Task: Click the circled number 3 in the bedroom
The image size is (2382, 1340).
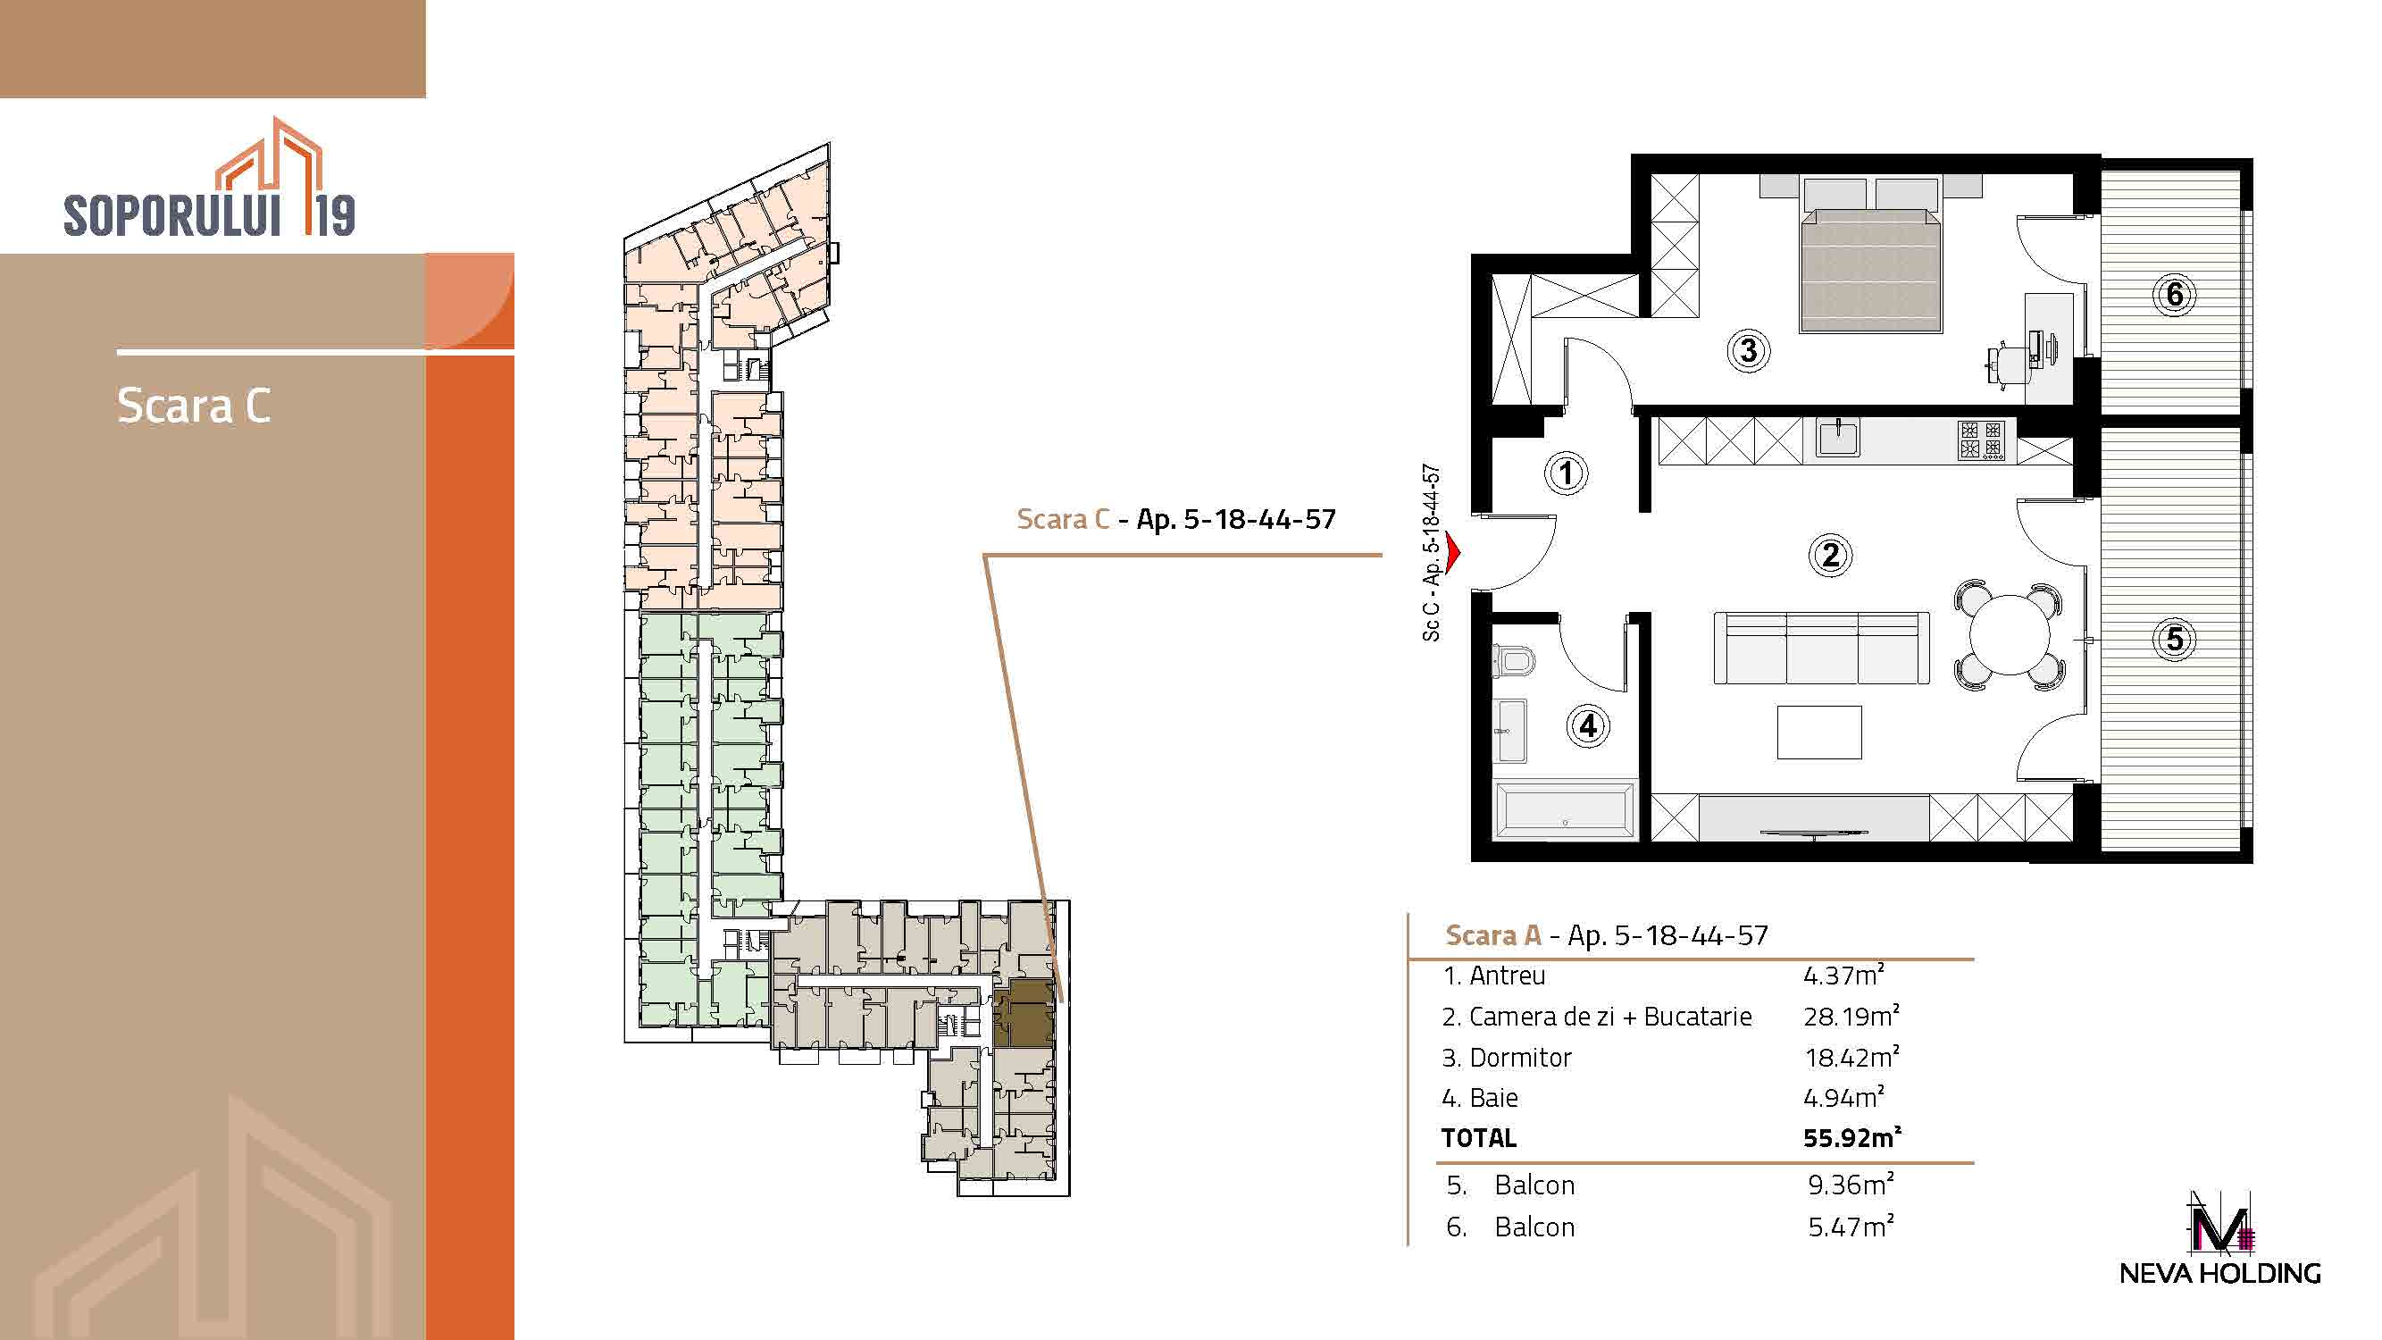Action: [x=1748, y=350]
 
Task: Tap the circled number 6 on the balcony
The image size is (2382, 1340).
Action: [x=2174, y=295]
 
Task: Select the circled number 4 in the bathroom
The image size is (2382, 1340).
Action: [x=1588, y=726]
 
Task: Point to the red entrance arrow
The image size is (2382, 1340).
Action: [x=1452, y=552]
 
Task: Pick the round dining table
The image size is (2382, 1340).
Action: [x=2009, y=635]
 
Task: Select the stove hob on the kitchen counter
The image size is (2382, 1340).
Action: [x=1980, y=440]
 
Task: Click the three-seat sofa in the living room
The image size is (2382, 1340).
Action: [x=1821, y=648]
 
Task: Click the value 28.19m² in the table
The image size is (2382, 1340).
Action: [x=1851, y=1016]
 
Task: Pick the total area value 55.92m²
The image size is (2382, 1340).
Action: [x=1852, y=1136]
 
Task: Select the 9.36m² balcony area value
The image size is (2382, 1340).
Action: [x=1851, y=1184]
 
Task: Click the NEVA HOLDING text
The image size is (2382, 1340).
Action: [x=2220, y=1272]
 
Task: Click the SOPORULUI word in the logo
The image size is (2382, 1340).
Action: [x=172, y=215]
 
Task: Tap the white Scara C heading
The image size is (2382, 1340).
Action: [x=194, y=405]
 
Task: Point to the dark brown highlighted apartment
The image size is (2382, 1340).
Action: [x=1024, y=1014]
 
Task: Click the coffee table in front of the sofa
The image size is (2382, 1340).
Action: [x=1818, y=733]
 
